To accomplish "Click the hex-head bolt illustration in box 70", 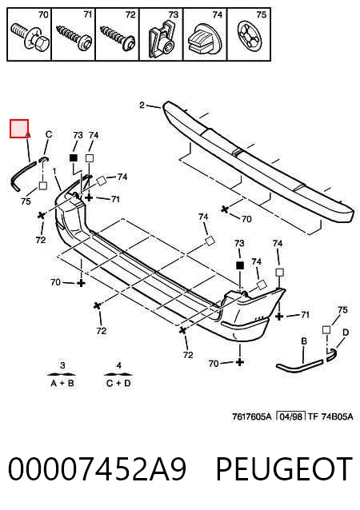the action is coord(30,36).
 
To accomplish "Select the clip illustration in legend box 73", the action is coord(162,39).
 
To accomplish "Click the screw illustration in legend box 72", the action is coord(118,38).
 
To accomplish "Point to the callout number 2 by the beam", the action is coord(142,105).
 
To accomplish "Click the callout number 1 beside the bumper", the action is coord(54,172).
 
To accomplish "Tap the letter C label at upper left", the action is coord(49,134).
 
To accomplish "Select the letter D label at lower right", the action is coord(346,333).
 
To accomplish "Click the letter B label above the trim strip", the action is coord(304,341).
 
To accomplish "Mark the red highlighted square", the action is coord(19,129).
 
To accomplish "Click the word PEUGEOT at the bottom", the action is coord(284,468).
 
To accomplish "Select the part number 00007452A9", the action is coord(97,468).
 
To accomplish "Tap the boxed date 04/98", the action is coord(290,416).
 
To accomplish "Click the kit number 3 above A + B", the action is coord(62,365).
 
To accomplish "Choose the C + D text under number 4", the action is coord(118,384).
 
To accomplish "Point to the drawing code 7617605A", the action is coord(251,416).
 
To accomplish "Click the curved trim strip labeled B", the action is coord(299,366).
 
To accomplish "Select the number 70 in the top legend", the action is coord(43,14).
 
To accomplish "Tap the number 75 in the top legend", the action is coord(261,14).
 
